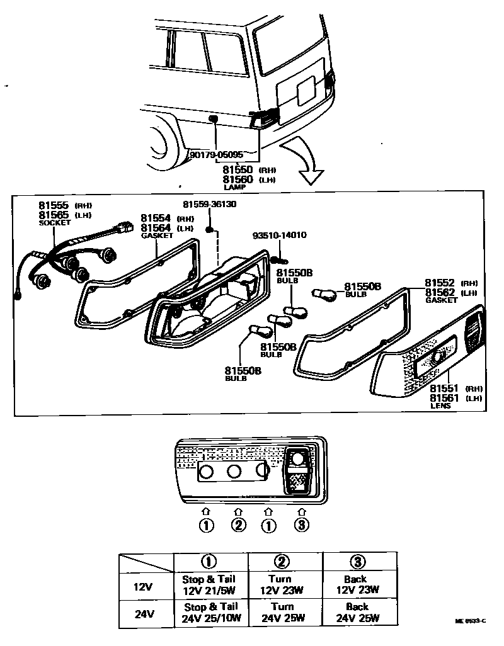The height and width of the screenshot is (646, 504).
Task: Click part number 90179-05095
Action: click(216, 154)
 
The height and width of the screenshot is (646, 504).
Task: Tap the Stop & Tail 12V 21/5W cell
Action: click(210, 584)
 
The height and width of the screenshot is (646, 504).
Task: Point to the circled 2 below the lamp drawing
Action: click(238, 524)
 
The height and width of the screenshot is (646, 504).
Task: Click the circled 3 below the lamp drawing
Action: click(302, 524)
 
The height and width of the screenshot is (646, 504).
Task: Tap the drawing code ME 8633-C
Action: click(470, 621)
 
